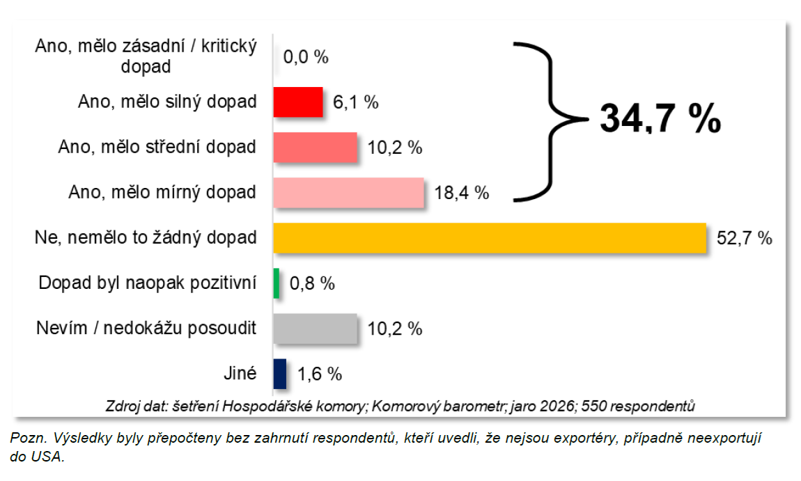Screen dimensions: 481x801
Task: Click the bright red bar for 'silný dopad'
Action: click(x=298, y=102)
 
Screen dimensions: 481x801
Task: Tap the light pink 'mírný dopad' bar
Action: click(x=349, y=193)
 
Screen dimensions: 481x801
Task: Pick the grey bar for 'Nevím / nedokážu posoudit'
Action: click(x=315, y=329)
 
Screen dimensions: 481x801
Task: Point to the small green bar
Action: click(x=277, y=283)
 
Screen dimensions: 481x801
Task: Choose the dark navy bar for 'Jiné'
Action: click(x=280, y=374)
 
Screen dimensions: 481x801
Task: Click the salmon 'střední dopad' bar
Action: click(x=315, y=148)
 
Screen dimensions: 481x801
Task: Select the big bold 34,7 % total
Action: click(x=660, y=119)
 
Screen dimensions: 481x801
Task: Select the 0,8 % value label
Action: click(x=311, y=284)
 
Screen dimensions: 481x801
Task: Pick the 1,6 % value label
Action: click(x=320, y=374)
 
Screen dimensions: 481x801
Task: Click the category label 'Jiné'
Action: click(x=241, y=374)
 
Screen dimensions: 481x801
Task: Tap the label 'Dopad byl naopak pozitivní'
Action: click(x=147, y=283)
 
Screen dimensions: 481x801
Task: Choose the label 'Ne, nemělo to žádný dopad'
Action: click(x=146, y=238)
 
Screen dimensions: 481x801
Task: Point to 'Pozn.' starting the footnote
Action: click(x=25, y=439)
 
